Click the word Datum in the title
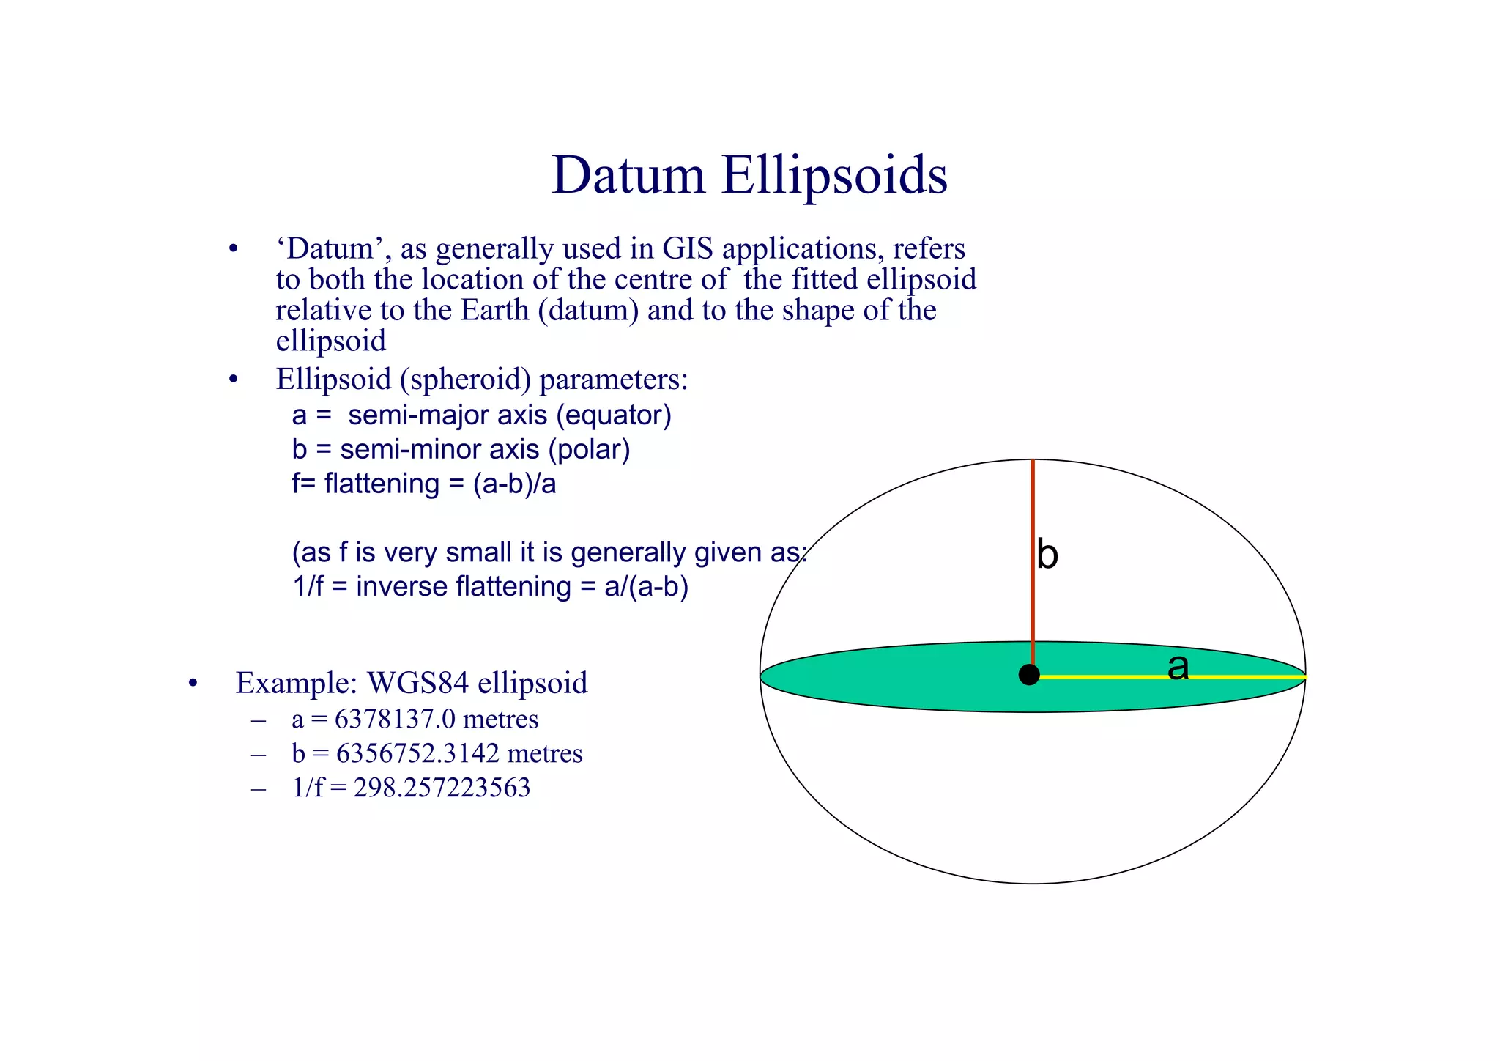coord(628,175)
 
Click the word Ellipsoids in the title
coord(834,175)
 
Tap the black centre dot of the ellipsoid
coord(1029,675)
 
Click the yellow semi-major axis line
coord(1099,677)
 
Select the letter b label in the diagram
coord(1047,555)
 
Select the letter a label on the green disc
coord(1178,667)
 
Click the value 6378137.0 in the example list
coord(395,720)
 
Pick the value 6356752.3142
coord(417,753)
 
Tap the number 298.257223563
coord(442,788)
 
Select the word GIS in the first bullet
coord(688,249)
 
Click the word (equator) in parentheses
coord(614,415)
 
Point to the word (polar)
coord(593,449)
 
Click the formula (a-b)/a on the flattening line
coord(514,484)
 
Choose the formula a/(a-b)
coord(646,587)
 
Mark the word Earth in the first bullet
coord(494,310)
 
